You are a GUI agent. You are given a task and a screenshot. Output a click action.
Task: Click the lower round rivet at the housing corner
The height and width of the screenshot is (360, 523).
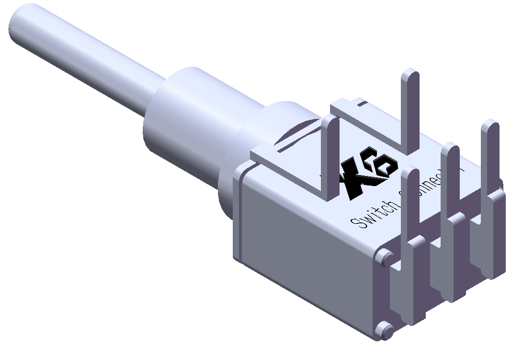pos(384,330)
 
